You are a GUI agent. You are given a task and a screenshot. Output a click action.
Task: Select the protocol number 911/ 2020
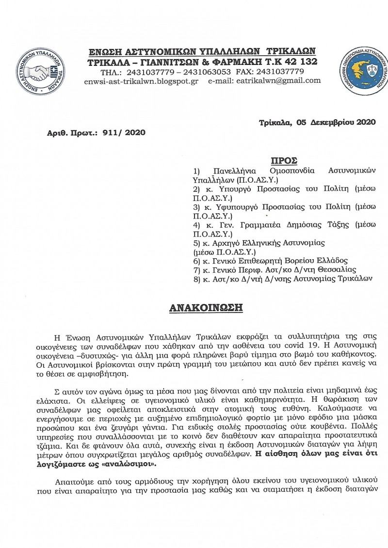(124, 132)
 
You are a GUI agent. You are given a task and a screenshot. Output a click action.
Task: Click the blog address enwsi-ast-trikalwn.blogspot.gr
(141, 80)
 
